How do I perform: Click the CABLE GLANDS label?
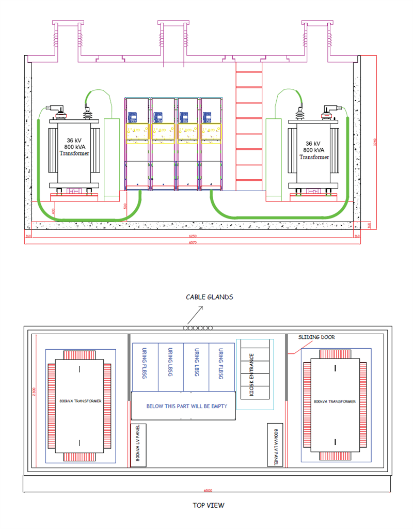(x=209, y=297)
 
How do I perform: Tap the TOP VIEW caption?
(x=209, y=505)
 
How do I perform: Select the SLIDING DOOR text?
(x=316, y=337)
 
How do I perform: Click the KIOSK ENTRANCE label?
(x=252, y=374)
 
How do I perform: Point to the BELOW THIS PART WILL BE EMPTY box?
(x=186, y=406)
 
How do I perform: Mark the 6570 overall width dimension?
(x=193, y=242)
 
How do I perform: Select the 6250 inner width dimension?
(x=193, y=236)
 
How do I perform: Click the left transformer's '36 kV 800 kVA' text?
(x=74, y=147)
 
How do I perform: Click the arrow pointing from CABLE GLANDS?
(x=195, y=315)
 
